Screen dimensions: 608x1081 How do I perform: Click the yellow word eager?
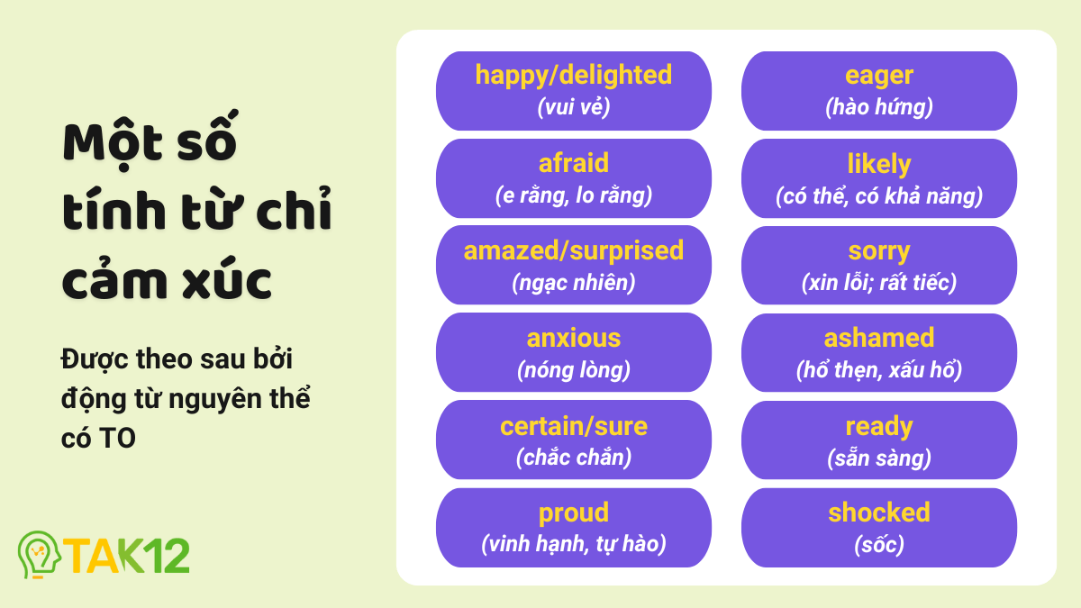click(878, 76)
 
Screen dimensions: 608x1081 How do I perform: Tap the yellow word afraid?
click(574, 163)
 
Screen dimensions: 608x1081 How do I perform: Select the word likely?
click(878, 164)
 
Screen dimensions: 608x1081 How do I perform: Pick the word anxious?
click(574, 339)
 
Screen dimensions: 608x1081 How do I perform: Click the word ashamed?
click(878, 339)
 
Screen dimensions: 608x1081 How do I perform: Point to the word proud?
click(574, 513)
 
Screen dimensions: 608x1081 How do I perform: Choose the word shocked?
click(878, 513)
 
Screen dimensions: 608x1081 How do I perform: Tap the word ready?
click(878, 426)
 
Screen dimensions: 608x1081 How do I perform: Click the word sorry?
click(878, 251)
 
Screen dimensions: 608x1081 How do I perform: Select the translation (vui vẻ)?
click(574, 107)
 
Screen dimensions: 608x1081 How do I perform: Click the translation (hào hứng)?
click(878, 107)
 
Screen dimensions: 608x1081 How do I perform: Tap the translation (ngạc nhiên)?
click(574, 282)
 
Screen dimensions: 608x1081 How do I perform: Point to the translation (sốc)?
click(878, 544)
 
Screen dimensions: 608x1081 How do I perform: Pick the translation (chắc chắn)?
click(574, 458)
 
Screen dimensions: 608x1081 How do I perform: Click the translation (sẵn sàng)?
click(878, 458)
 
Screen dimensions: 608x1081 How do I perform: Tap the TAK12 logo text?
click(126, 556)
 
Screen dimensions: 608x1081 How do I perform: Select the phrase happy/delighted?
click(574, 75)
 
